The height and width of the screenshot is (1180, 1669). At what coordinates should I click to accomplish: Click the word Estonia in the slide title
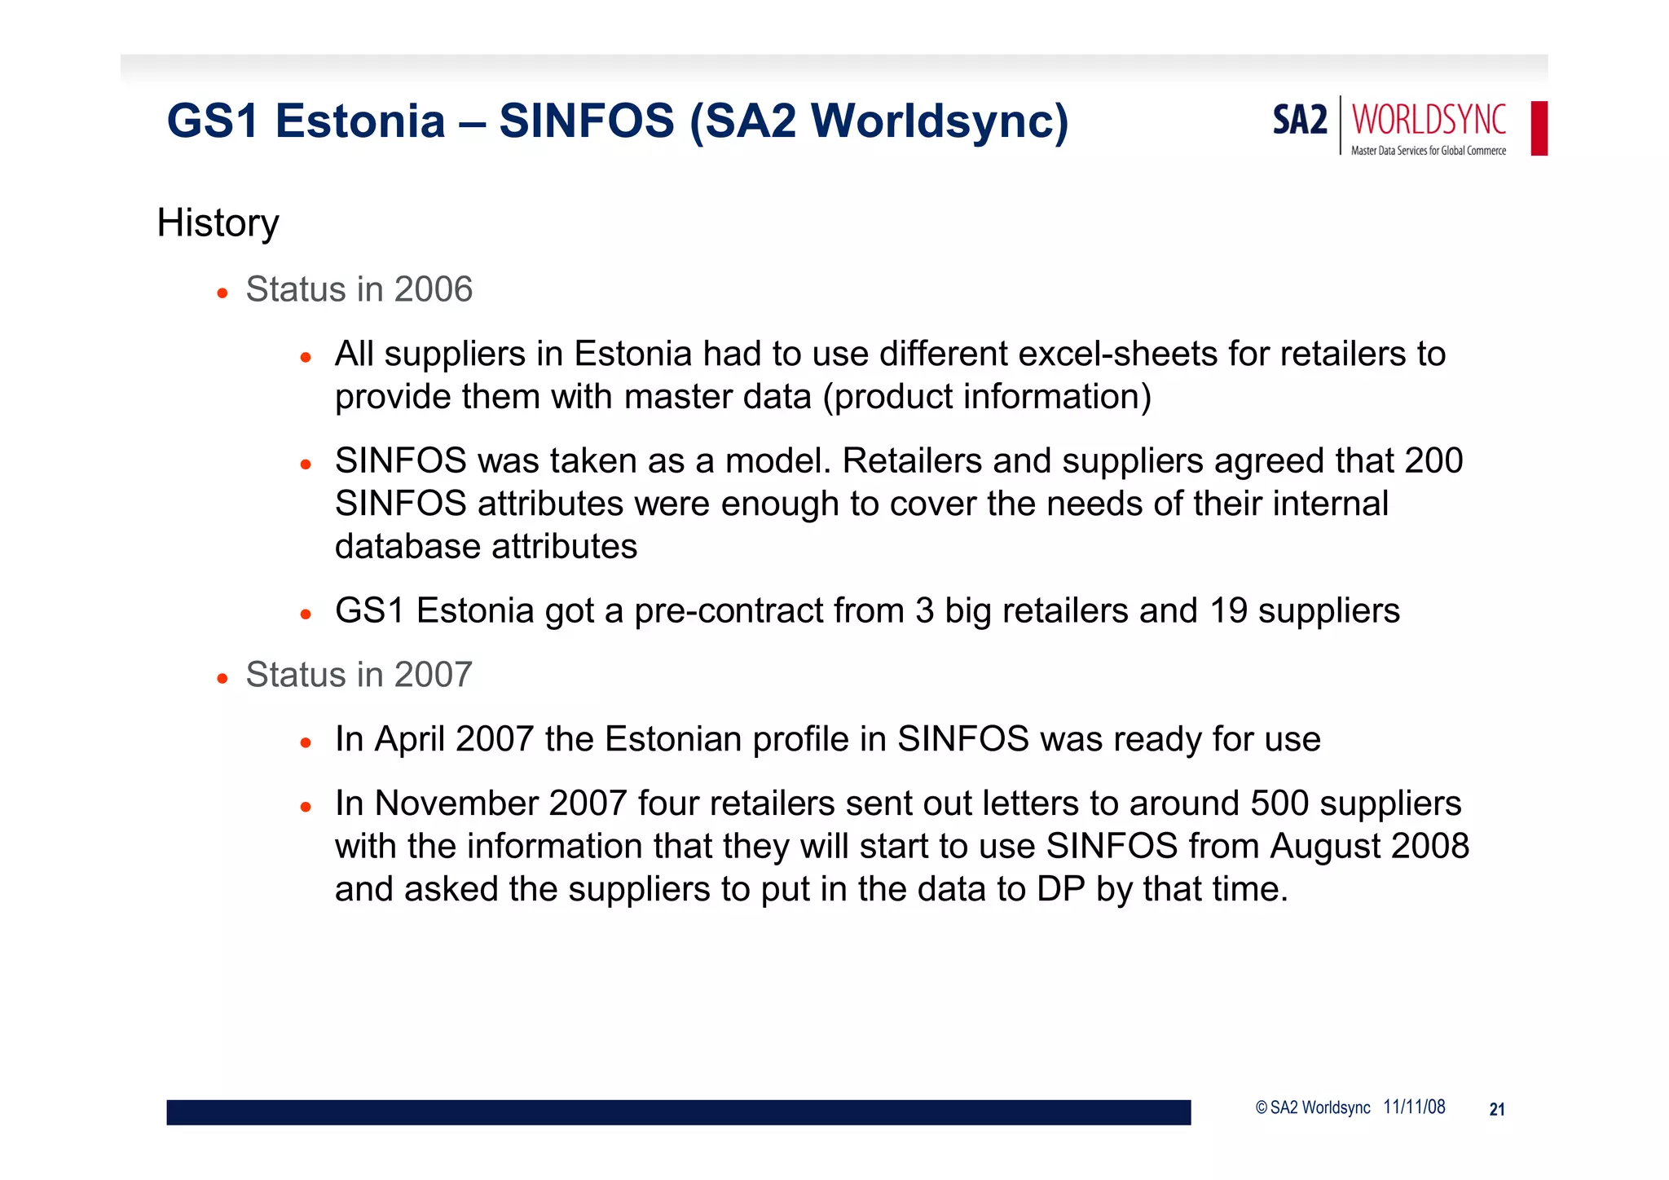[x=359, y=121]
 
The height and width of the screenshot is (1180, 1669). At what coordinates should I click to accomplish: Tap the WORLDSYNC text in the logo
[x=1429, y=121]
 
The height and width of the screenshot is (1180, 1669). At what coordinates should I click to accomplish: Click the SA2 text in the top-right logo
[x=1300, y=121]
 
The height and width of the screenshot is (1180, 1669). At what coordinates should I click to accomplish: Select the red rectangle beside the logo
[x=1539, y=128]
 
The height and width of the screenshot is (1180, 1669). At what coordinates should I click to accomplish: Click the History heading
[x=218, y=222]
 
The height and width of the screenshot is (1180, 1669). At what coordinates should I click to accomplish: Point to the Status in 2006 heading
[x=359, y=289]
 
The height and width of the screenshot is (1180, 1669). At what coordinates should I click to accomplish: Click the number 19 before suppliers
[x=1228, y=611]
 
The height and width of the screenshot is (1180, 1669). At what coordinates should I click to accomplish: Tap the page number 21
[x=1496, y=1109]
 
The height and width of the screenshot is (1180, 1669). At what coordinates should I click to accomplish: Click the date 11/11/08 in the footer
[x=1414, y=1107]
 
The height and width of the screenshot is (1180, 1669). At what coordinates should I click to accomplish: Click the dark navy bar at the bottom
[x=678, y=1112]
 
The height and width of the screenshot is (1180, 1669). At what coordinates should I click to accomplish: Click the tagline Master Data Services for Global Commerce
[x=1428, y=151]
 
